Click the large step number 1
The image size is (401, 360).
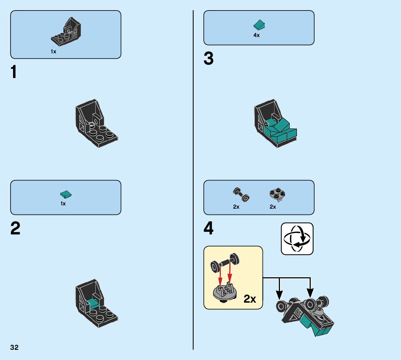(x=13, y=72)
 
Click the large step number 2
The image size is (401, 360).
(x=15, y=229)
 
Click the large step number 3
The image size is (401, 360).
(x=208, y=59)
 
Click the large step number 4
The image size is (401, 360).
(x=208, y=229)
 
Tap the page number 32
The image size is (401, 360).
(x=15, y=348)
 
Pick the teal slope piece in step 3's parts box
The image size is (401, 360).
(x=259, y=25)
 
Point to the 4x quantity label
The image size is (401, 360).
(x=256, y=36)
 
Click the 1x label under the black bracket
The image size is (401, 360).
(x=54, y=52)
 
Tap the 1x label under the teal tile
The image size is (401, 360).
(x=63, y=204)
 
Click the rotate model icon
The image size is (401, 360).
(x=297, y=239)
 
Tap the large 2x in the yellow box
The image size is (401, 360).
(x=250, y=299)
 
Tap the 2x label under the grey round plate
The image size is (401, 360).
(x=273, y=207)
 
